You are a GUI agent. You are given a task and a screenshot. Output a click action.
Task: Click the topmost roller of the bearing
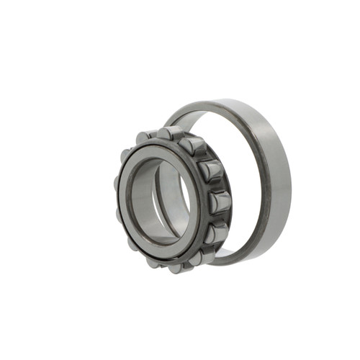tap(166, 132)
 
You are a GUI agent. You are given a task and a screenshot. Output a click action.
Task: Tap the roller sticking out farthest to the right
tap(220, 204)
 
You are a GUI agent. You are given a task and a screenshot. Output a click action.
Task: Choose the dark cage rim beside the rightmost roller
tap(206, 205)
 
